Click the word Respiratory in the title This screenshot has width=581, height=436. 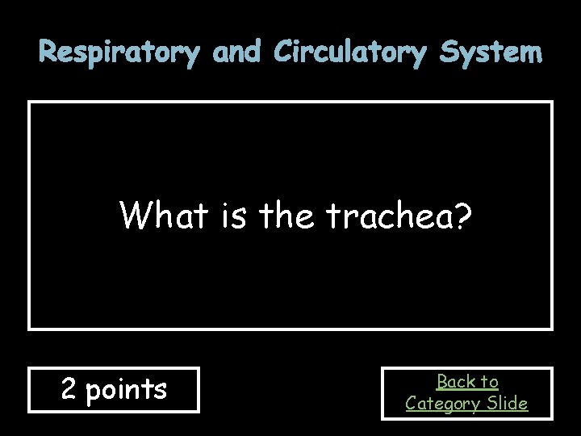click(119, 53)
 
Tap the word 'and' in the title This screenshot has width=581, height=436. click(236, 53)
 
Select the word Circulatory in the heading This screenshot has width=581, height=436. click(351, 53)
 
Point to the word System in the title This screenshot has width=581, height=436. click(491, 53)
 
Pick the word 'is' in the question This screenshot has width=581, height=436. click(233, 216)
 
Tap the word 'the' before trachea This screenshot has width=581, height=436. click(288, 216)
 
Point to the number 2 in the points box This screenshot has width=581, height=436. click(69, 390)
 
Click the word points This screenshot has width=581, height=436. click(126, 390)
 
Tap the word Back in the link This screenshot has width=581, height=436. click(455, 381)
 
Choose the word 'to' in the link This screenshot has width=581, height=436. click(489, 381)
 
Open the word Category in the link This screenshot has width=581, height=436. click(442, 403)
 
